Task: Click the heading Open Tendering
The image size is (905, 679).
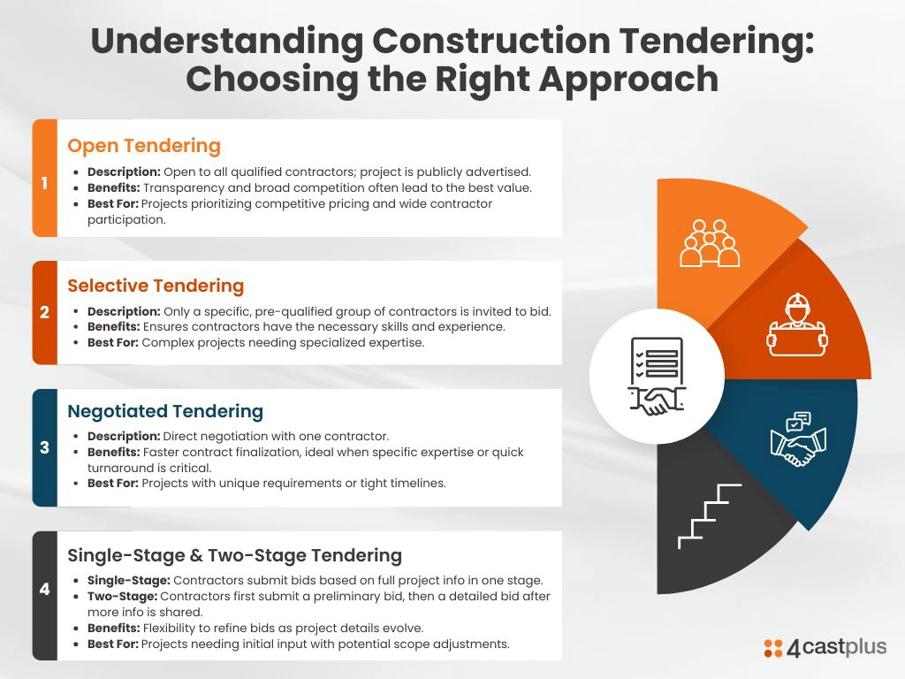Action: (x=144, y=146)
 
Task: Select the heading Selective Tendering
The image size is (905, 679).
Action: (x=156, y=286)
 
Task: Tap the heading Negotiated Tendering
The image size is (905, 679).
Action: (x=165, y=411)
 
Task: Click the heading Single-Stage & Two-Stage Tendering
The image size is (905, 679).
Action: (x=234, y=555)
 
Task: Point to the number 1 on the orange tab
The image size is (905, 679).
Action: (x=44, y=183)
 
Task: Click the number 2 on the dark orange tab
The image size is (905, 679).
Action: (x=44, y=312)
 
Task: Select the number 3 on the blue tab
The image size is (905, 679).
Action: (x=44, y=447)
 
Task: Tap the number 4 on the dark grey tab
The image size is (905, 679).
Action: (x=44, y=590)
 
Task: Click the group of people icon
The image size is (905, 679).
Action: (x=710, y=243)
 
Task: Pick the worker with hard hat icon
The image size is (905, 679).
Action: (x=797, y=324)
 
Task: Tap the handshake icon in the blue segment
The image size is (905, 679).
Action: (x=798, y=439)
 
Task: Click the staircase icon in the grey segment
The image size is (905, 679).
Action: (x=710, y=516)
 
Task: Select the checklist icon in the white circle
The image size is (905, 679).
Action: (x=657, y=376)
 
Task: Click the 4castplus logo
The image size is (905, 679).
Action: (x=825, y=647)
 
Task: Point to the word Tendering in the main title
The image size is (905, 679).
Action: (x=717, y=42)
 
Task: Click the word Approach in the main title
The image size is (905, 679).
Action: (x=628, y=79)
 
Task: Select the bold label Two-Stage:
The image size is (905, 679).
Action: (x=122, y=597)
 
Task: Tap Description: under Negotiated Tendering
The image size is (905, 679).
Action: (x=124, y=437)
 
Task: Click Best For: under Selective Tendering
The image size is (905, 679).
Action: (x=113, y=343)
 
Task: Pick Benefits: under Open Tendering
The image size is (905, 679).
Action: (x=114, y=188)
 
